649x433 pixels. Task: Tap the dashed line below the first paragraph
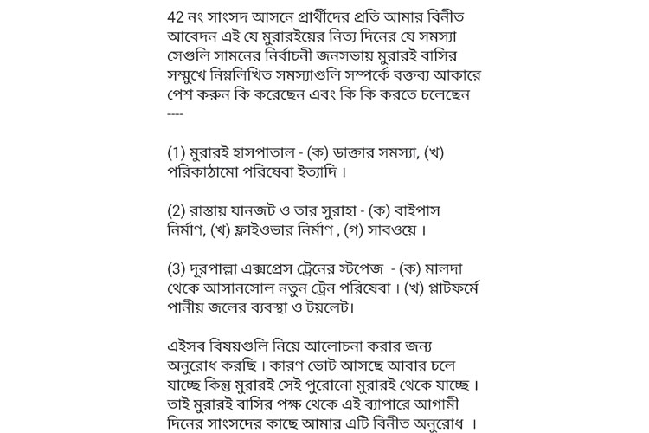(176, 113)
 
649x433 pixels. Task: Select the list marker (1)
(177, 152)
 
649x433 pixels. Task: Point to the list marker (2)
(177, 210)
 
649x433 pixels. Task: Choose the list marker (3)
(177, 268)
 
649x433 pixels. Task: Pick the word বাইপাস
(418, 210)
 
